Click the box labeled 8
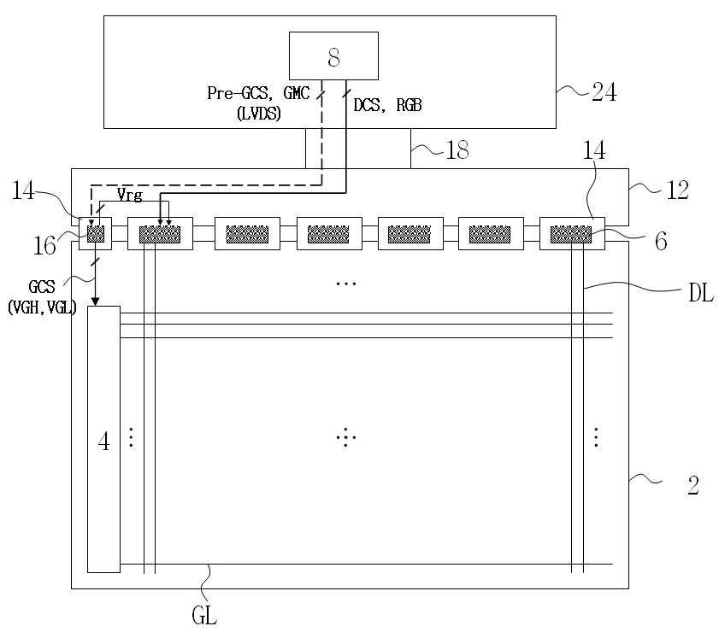pos(333,57)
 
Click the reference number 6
pos(660,242)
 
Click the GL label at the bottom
pos(206,613)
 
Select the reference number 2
pos(693,486)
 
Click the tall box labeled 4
pos(103,440)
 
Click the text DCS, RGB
pos(387,105)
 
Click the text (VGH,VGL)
pos(41,308)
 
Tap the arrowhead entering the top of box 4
pos(96,301)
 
